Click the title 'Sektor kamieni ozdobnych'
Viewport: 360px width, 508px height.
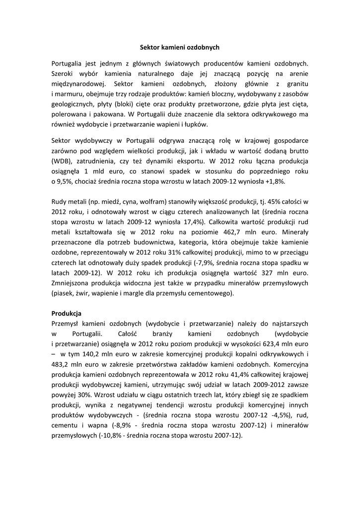[x=180, y=48]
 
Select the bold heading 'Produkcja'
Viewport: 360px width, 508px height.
[x=67, y=314]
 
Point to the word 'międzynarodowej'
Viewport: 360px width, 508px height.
[x=76, y=84]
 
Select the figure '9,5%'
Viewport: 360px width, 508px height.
[x=68, y=182]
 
